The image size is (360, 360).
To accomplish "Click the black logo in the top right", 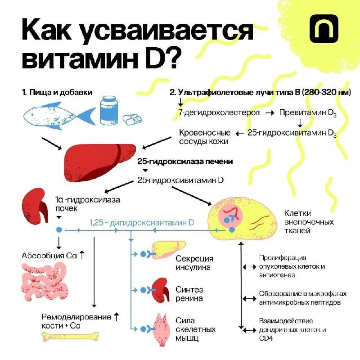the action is (324, 29).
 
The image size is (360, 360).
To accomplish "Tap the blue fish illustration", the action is (60, 116).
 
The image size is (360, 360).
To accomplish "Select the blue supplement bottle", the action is (109, 110).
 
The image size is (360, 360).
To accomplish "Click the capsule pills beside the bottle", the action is (132, 120).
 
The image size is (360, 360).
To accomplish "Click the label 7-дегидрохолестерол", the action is (219, 112).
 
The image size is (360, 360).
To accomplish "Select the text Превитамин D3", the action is (308, 113).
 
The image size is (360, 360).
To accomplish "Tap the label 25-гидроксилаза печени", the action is (185, 162).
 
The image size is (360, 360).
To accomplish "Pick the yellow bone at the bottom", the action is (71, 337).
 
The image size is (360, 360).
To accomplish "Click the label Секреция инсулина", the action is (194, 263).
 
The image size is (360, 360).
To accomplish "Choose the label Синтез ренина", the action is (189, 294).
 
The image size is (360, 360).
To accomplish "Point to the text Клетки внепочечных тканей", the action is (309, 222).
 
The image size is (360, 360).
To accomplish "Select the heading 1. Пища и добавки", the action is (57, 92).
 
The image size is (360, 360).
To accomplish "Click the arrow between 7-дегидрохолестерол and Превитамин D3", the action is (270, 113).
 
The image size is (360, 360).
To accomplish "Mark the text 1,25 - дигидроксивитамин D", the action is (142, 223).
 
